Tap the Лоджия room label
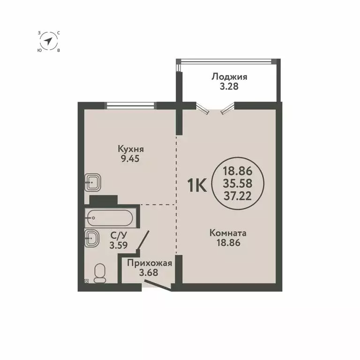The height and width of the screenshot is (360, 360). point(229,77)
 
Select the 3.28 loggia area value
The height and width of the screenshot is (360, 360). point(229,87)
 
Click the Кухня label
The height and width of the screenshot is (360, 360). point(131,149)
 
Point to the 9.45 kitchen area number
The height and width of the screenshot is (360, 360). point(131,158)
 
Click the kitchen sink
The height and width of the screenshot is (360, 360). point(93,182)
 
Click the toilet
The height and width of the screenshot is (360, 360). point(99,272)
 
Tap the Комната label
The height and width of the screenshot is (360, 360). point(228,233)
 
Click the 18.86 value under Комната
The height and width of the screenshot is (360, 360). point(228,242)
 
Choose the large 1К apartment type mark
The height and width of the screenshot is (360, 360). point(197,186)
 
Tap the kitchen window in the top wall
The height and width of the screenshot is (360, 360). point(130,105)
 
